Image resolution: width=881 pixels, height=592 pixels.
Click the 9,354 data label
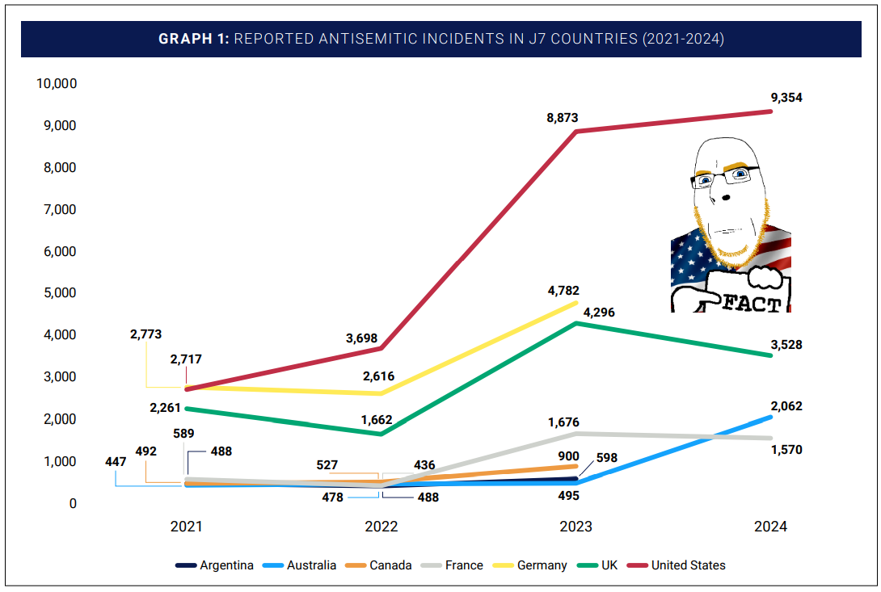[x=786, y=98]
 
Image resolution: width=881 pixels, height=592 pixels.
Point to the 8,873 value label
[x=563, y=118]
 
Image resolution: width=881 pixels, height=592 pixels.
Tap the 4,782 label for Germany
[x=563, y=291]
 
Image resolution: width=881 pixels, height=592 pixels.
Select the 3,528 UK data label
[x=786, y=345]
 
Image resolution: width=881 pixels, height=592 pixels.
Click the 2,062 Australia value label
[x=786, y=406]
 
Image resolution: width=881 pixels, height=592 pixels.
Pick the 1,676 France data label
[x=563, y=422]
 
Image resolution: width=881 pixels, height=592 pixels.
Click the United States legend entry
[x=688, y=565]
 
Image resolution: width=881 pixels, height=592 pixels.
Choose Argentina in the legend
[x=226, y=565]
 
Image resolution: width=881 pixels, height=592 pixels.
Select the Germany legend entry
[x=542, y=565]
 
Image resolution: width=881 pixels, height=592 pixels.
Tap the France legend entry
[x=464, y=565]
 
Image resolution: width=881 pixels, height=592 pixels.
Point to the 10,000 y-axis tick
[x=56, y=83]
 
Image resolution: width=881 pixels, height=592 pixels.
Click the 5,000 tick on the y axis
[x=60, y=293]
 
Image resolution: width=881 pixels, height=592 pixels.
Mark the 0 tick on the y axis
[x=72, y=503]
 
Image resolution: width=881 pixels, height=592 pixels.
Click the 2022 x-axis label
[x=381, y=527]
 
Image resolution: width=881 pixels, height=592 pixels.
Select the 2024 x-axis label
[x=770, y=527]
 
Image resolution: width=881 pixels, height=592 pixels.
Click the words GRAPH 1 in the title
[x=193, y=40]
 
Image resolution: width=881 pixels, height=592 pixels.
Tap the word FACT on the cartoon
[x=752, y=304]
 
